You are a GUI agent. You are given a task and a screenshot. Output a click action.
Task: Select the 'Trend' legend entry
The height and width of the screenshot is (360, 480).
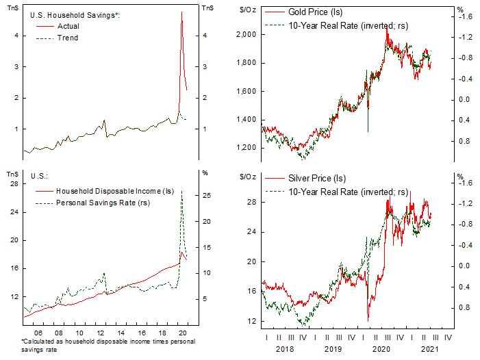click(68, 38)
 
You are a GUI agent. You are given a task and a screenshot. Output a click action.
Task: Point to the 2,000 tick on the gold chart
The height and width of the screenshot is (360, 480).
click(244, 34)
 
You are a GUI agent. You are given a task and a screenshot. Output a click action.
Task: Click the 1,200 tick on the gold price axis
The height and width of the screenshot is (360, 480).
click(244, 148)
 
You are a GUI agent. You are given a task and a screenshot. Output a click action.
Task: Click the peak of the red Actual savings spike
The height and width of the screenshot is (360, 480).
click(181, 12)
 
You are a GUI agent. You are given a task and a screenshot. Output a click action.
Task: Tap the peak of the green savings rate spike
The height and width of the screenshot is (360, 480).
click(181, 191)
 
